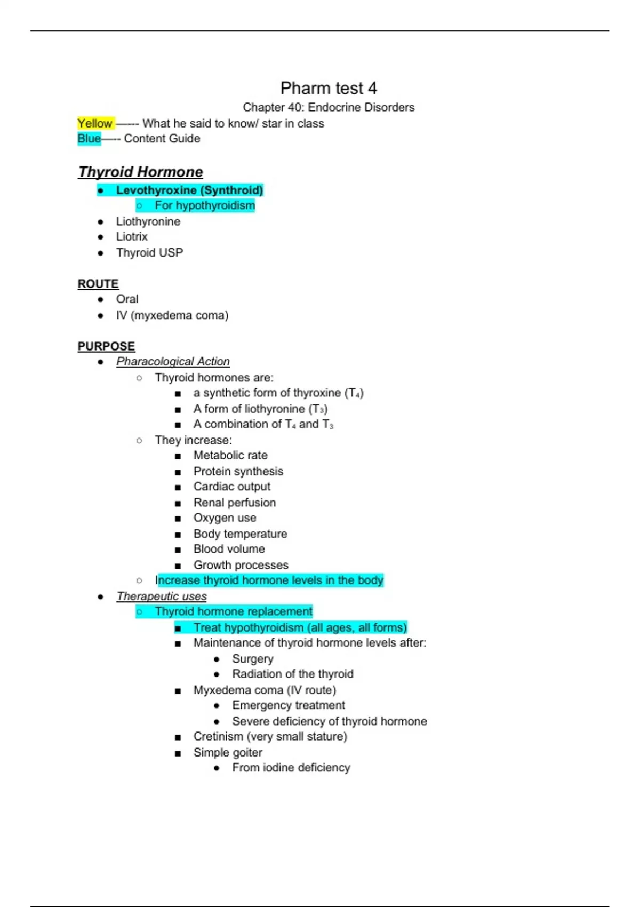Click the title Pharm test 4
tap(329, 88)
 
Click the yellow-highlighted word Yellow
tap(95, 123)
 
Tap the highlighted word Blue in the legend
tap(89, 139)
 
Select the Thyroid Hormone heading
tap(140, 172)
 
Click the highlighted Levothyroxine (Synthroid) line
tap(189, 190)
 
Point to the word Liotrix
tap(132, 236)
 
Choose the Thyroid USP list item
tap(149, 252)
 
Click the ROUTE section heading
tap(98, 284)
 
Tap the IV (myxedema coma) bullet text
tap(172, 315)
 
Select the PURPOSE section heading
tap(106, 346)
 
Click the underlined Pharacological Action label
tap(173, 362)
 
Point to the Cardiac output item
tap(231, 487)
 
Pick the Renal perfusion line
tap(235, 503)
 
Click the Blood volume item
tap(229, 549)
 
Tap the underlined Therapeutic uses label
tap(162, 596)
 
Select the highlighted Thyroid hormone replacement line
tap(234, 611)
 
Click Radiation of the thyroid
tap(292, 674)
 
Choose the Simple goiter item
tap(228, 752)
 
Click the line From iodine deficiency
tap(291, 768)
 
